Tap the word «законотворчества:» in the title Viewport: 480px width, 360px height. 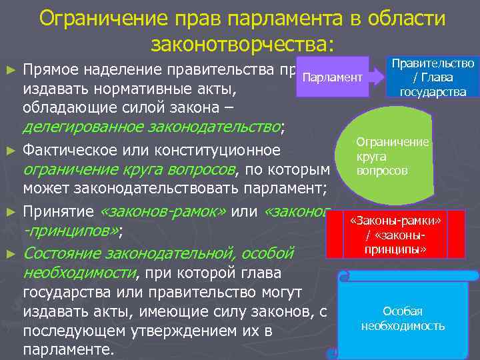click(x=241, y=45)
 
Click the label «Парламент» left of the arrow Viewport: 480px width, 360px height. click(x=332, y=79)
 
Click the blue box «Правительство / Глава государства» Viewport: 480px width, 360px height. click(x=433, y=77)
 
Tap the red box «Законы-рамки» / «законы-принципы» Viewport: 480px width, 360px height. click(x=400, y=235)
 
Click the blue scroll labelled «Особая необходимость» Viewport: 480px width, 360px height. click(x=403, y=319)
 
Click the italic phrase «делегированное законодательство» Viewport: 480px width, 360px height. click(x=152, y=127)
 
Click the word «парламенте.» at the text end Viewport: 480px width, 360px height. click(x=69, y=350)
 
